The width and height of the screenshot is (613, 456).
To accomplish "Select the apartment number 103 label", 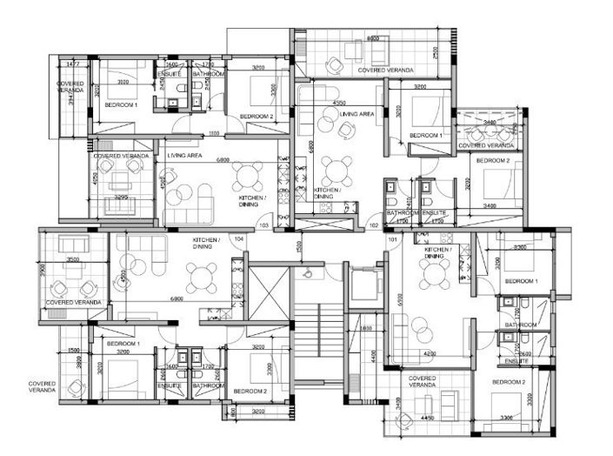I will pyautogui.click(x=264, y=225).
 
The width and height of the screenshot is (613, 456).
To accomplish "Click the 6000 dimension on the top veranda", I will pyautogui.click(x=373, y=39).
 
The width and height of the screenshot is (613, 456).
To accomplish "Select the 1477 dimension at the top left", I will pyautogui.click(x=73, y=64).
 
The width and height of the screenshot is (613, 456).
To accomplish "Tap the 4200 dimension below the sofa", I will pyautogui.click(x=429, y=354).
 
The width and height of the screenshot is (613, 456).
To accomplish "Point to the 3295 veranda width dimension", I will pyautogui.click(x=121, y=198).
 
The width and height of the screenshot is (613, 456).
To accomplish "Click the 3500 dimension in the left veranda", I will pyautogui.click(x=73, y=259).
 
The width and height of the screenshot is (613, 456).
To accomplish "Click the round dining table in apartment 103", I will pyautogui.click(x=250, y=177).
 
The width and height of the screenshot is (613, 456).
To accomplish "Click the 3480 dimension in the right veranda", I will pyautogui.click(x=491, y=123).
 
